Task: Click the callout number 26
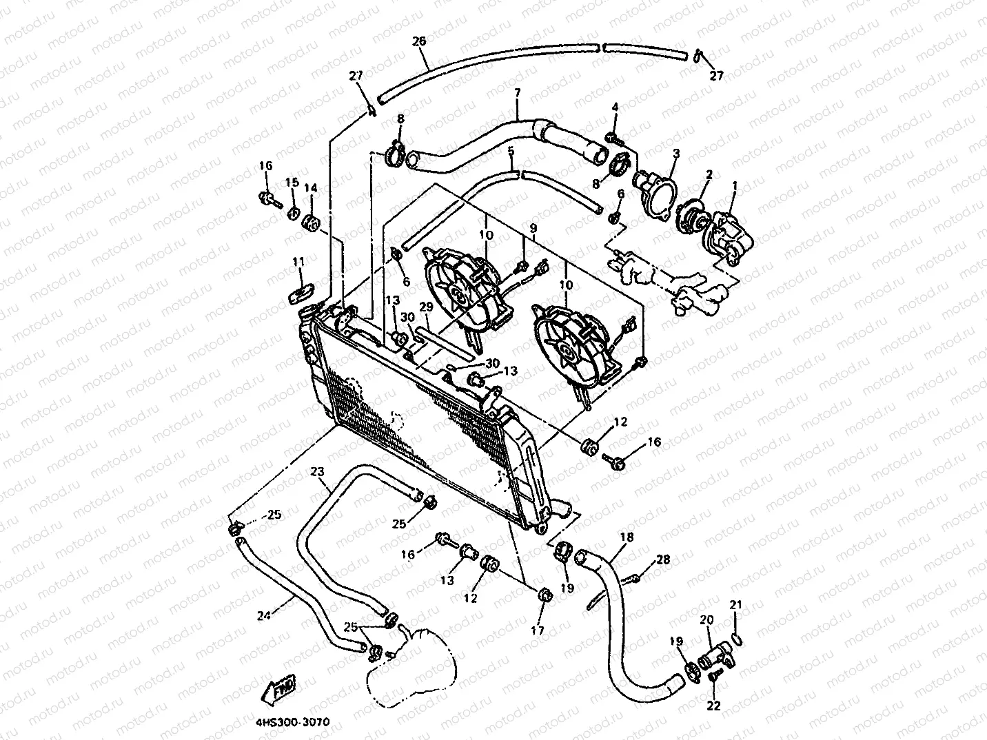click(x=419, y=41)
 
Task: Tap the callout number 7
click(x=518, y=93)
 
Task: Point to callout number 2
click(x=708, y=176)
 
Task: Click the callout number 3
click(x=676, y=152)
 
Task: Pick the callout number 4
click(x=615, y=107)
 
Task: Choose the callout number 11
click(x=298, y=262)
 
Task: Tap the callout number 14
click(x=311, y=187)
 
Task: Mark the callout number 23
click(x=317, y=472)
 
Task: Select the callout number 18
click(x=627, y=537)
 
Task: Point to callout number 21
click(x=736, y=605)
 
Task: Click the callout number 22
click(x=713, y=706)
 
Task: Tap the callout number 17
click(x=538, y=630)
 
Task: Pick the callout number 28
click(x=662, y=560)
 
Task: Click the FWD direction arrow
click(x=282, y=686)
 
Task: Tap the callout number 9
click(x=532, y=227)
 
